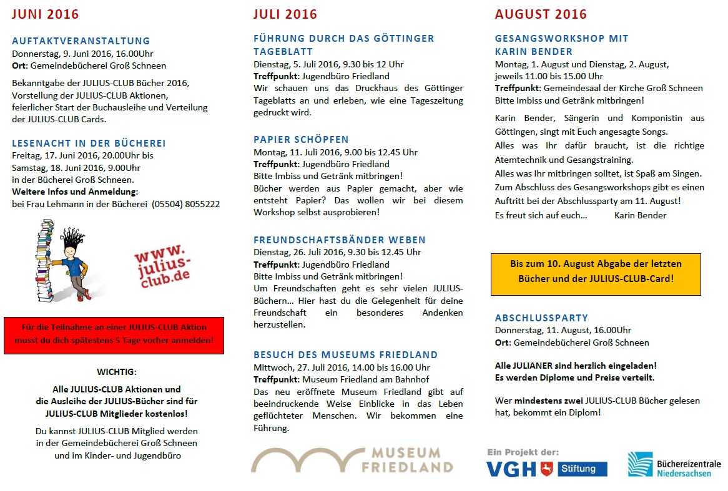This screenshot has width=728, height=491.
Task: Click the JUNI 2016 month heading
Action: point(46,14)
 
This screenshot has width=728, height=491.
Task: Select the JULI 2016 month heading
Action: point(285,14)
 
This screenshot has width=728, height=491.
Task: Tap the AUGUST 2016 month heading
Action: point(541,14)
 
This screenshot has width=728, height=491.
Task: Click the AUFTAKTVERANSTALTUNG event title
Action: point(81,41)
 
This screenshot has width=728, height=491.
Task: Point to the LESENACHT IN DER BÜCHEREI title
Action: point(89,143)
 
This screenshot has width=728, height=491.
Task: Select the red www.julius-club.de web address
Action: point(162,263)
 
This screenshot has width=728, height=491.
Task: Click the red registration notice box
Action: point(114,334)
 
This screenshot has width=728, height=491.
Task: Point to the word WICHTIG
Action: point(116,372)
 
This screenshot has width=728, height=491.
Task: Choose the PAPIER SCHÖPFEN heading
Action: point(301,139)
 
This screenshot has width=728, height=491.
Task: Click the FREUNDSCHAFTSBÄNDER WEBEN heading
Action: point(340,240)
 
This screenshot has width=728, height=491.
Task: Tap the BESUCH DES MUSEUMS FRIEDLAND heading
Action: point(345,355)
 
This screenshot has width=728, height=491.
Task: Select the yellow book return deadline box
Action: point(596,271)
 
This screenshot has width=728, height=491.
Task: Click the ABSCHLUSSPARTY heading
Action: point(541,318)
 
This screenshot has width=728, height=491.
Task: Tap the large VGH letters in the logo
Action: point(511,469)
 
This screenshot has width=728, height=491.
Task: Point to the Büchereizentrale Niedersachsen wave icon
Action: point(639,464)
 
